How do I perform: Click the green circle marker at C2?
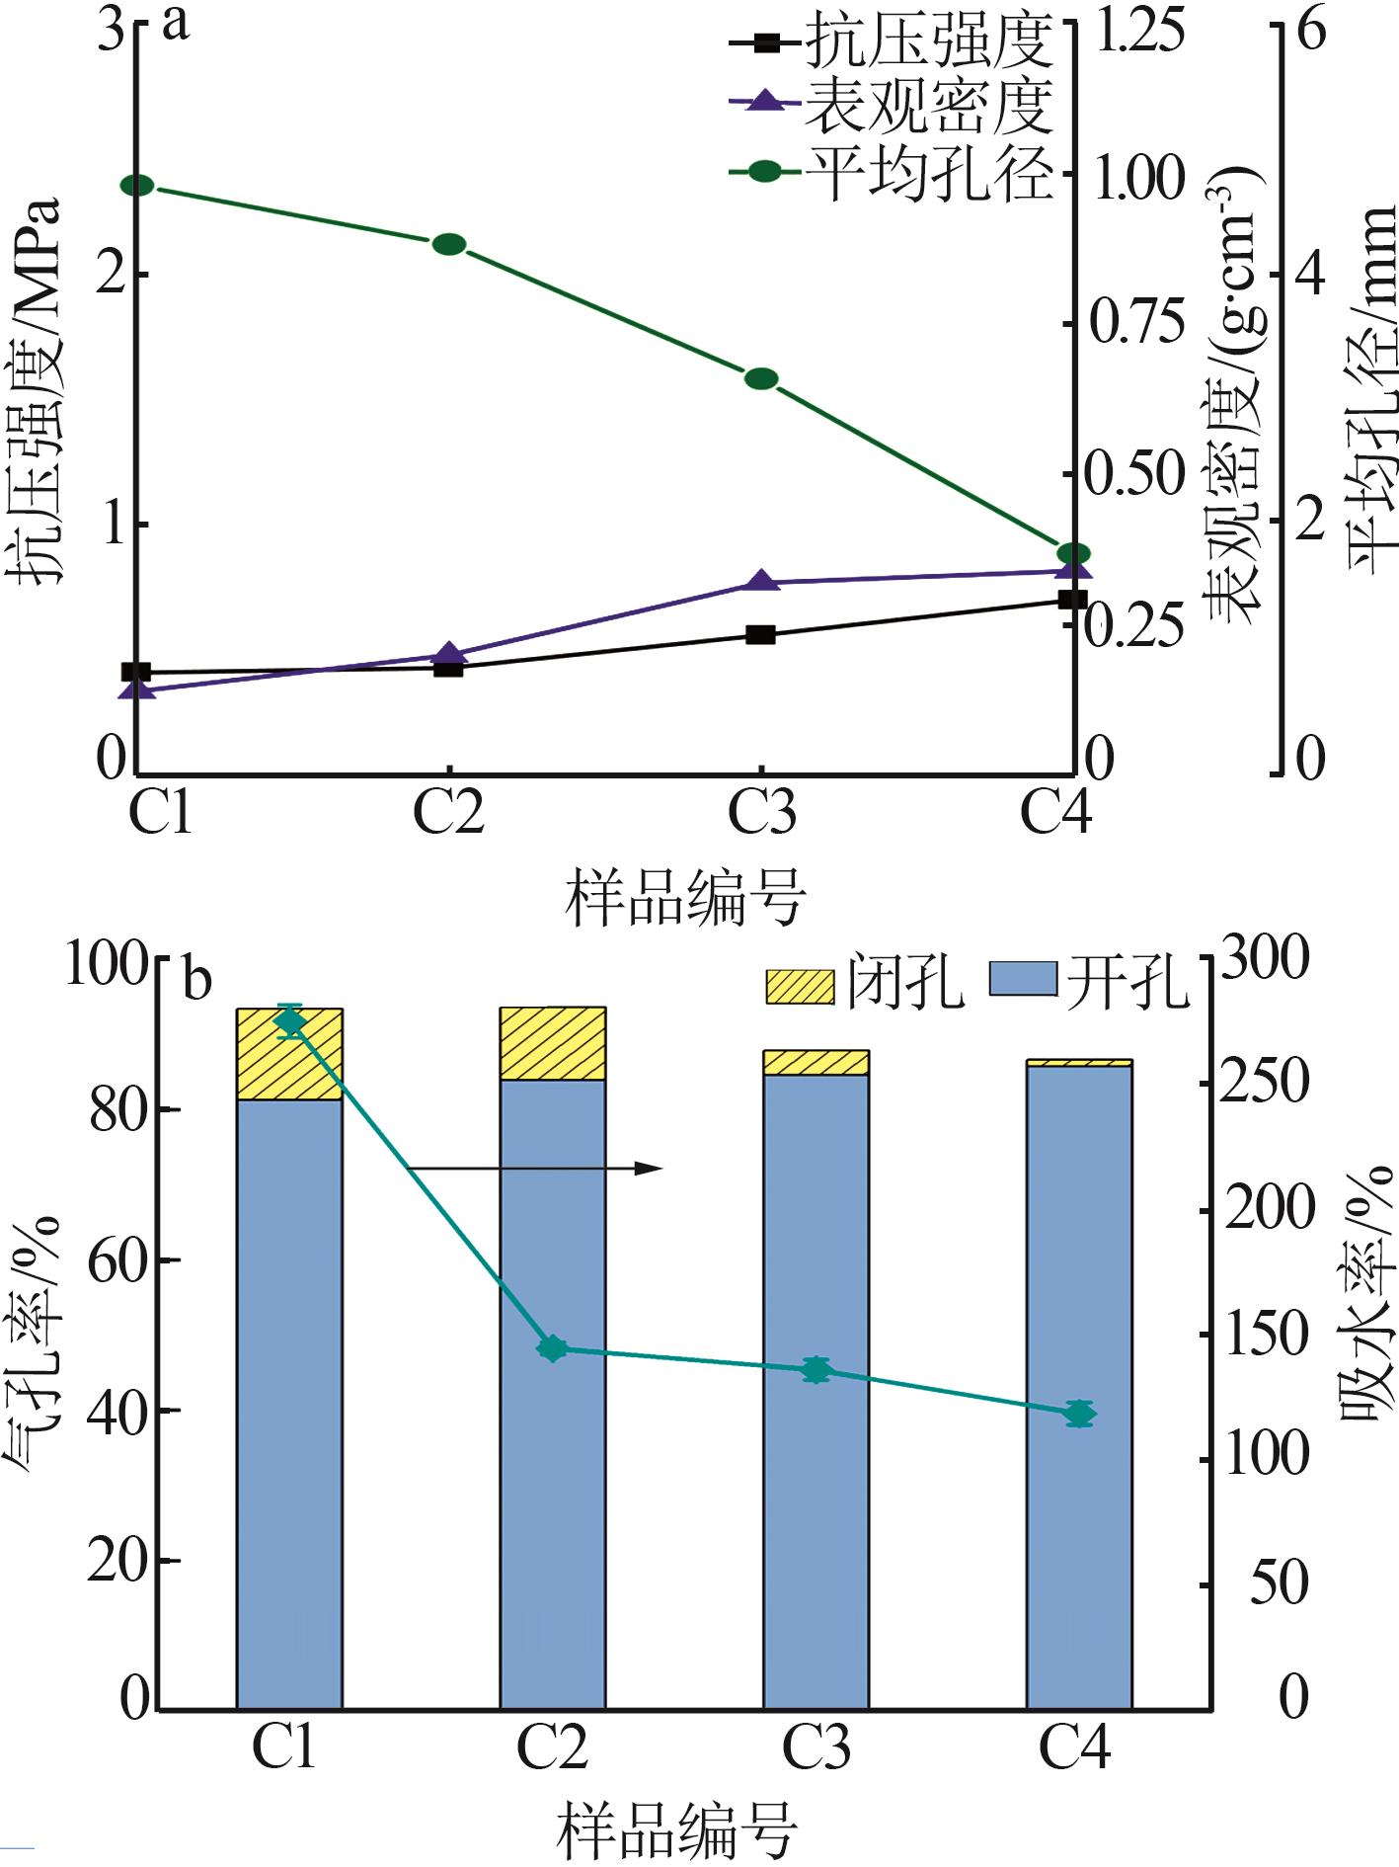coord(449,244)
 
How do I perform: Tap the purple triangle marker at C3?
coord(761,582)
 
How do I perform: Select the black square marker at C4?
coord(1072,600)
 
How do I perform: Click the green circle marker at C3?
coord(761,378)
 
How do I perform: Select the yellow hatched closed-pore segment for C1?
coord(289,1054)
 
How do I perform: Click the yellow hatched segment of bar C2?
coord(553,1043)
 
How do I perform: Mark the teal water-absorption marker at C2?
coord(553,1348)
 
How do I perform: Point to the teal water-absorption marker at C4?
coord(1080,1414)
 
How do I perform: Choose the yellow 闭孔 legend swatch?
coord(800,985)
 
